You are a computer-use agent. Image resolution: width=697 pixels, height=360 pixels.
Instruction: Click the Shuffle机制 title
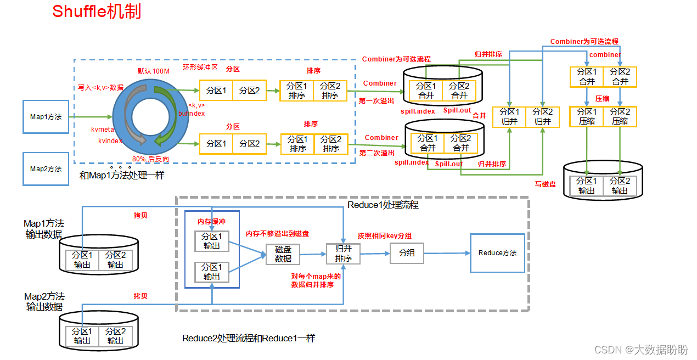pyautogui.click(x=97, y=12)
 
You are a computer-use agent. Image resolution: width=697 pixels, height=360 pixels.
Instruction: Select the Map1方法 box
pyautogui.click(x=46, y=117)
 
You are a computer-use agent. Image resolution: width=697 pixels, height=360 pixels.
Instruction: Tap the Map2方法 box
pyautogui.click(x=46, y=169)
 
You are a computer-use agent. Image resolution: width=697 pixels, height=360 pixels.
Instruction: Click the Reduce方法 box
pyautogui.click(x=497, y=253)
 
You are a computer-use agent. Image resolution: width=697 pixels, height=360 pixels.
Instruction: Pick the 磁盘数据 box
pyautogui.click(x=283, y=254)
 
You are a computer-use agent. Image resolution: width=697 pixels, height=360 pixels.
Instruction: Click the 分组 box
pyautogui.click(x=407, y=254)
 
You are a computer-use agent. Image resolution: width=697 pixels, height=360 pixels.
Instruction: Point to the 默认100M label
pyautogui.click(x=153, y=71)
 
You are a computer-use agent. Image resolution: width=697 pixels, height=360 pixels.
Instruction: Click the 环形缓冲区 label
pyautogui.click(x=200, y=67)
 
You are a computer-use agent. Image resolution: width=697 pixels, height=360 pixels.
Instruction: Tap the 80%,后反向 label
pyautogui.click(x=150, y=158)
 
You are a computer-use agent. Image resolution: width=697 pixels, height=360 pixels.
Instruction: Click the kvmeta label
pyautogui.click(x=103, y=130)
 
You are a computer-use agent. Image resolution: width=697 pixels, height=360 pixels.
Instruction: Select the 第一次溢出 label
pyautogui.click(x=376, y=101)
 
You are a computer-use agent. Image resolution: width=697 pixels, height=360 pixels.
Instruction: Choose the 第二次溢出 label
pyautogui.click(x=376, y=153)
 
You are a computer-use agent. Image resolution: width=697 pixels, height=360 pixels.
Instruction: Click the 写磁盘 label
pyautogui.click(x=546, y=184)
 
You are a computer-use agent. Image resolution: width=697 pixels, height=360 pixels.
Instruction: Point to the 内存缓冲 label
pyautogui.click(x=212, y=221)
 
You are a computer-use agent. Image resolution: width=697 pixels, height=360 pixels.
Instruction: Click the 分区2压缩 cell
pyautogui.click(x=620, y=116)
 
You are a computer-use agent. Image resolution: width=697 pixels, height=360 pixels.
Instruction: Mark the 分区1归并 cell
pyautogui.click(x=510, y=117)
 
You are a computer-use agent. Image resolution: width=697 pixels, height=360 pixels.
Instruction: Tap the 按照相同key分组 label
pyautogui.click(x=385, y=236)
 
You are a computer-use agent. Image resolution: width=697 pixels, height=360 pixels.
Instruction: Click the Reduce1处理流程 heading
pyautogui.click(x=383, y=205)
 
